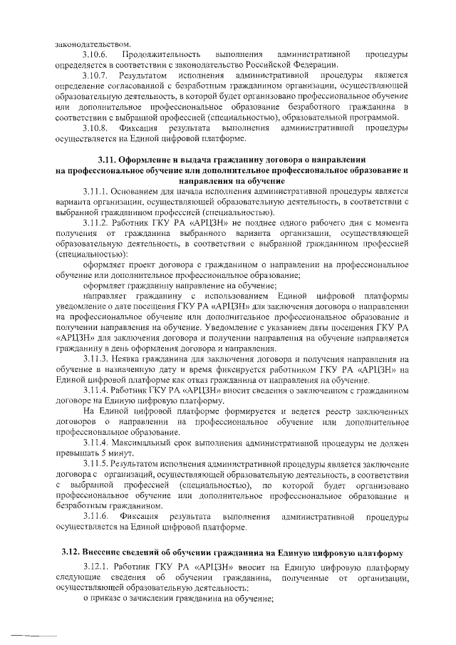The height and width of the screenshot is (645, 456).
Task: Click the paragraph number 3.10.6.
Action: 95,54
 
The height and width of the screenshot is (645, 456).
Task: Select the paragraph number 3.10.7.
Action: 95,75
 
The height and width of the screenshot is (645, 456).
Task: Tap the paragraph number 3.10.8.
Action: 95,128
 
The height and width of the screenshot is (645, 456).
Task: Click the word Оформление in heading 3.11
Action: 146,160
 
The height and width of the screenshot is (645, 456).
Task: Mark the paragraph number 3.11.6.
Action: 95,516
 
